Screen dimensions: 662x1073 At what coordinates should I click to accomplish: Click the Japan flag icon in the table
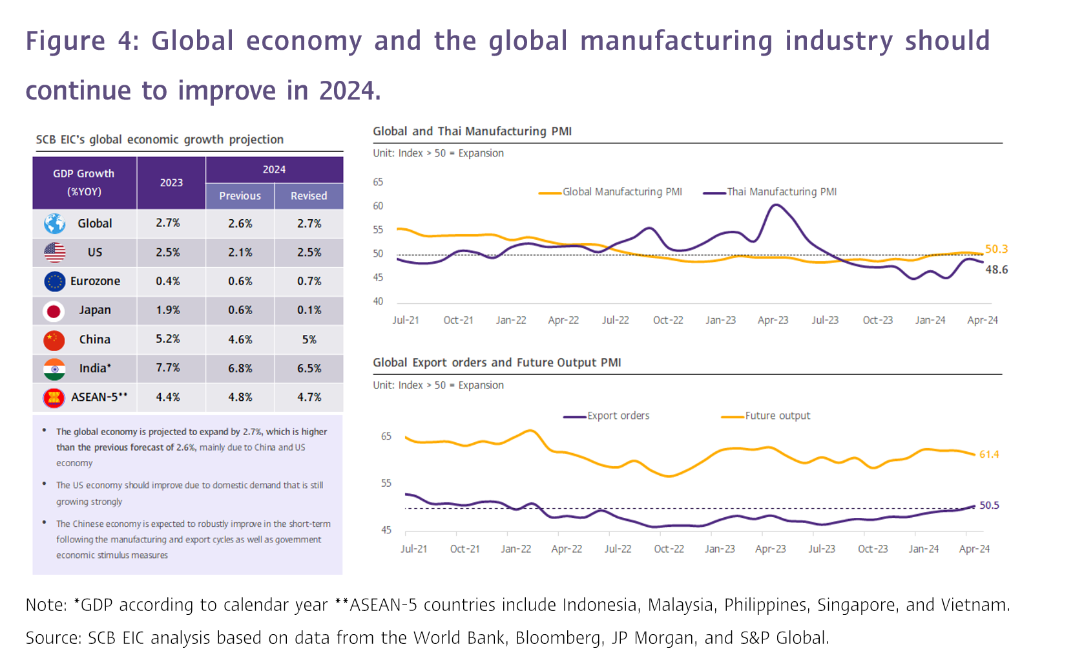click(54, 311)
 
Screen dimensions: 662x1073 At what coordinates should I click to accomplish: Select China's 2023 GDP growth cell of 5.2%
click(168, 339)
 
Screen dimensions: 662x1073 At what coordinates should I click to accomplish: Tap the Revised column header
click(309, 196)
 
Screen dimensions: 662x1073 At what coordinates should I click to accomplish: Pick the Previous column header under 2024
click(240, 196)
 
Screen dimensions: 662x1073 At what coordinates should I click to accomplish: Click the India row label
click(95, 368)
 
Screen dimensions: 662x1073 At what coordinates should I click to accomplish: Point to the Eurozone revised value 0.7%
click(309, 281)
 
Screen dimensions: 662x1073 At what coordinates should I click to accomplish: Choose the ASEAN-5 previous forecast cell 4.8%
click(240, 397)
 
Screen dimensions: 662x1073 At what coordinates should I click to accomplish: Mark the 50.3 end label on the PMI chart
click(996, 249)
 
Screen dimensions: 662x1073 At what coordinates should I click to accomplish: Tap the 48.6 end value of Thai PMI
click(996, 270)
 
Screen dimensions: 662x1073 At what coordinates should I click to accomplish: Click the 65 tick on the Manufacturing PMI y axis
click(378, 182)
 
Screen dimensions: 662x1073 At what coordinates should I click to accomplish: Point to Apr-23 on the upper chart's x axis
click(773, 320)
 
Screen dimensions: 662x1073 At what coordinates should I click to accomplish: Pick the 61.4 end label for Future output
click(989, 454)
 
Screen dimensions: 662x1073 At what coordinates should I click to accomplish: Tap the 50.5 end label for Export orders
click(989, 505)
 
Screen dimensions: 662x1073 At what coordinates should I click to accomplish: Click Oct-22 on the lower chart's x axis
click(669, 549)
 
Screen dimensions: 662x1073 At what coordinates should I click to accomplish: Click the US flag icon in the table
click(55, 252)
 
